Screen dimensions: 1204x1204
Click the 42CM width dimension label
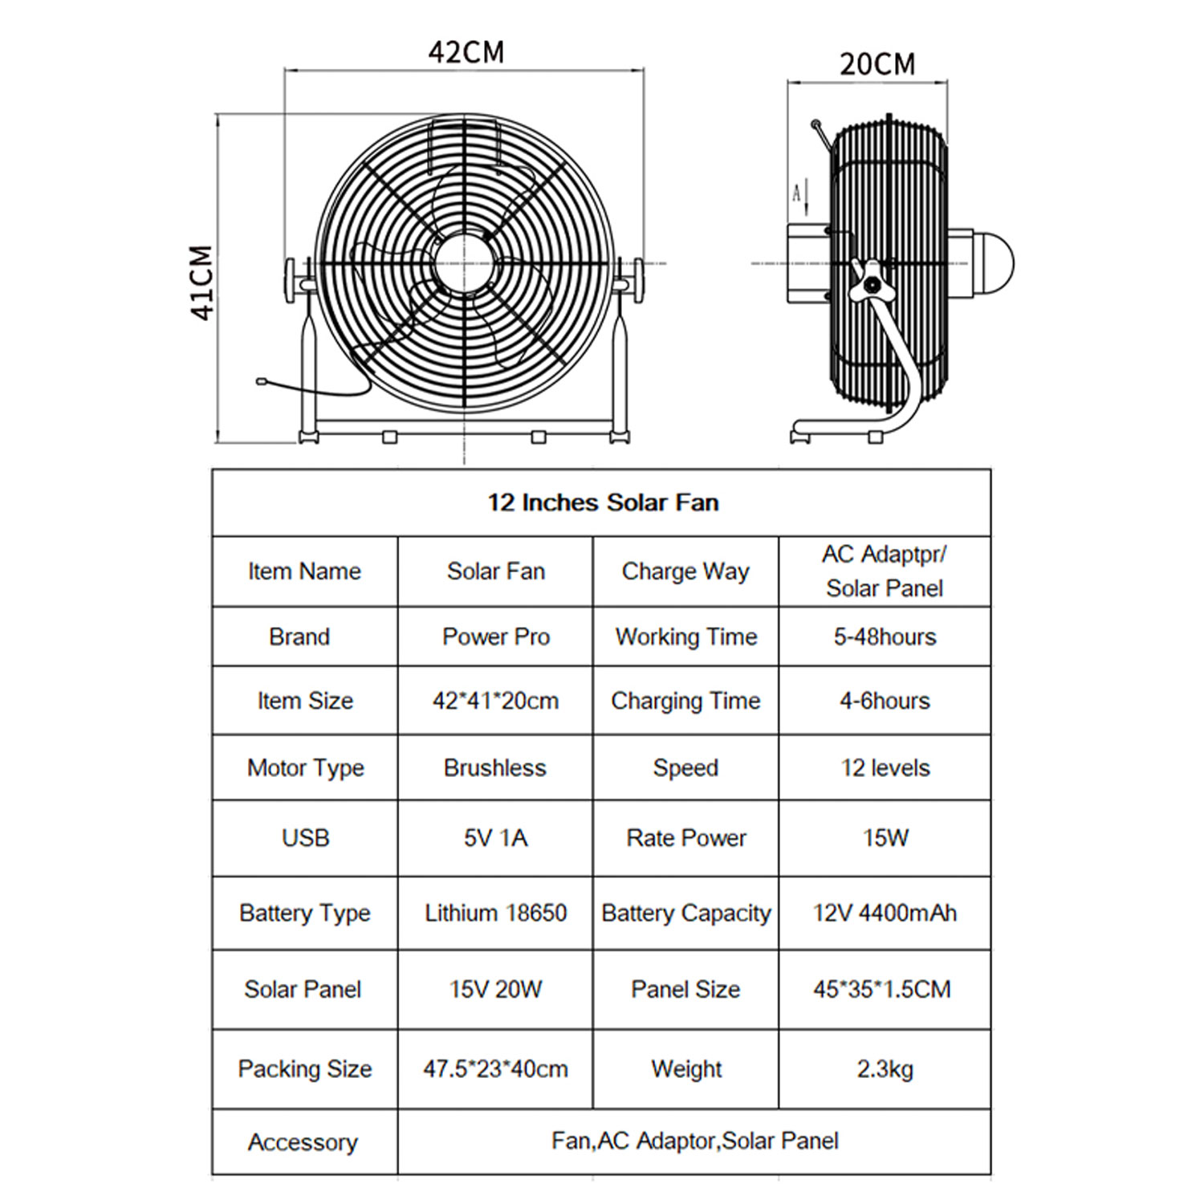pos(466,52)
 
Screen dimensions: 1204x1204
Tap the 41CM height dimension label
pos(201,283)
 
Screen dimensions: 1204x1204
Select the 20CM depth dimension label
pos(877,64)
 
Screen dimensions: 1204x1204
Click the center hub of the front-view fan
pos(463,262)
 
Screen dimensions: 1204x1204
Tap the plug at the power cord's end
pos(261,381)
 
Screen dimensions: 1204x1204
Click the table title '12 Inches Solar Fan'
pos(603,502)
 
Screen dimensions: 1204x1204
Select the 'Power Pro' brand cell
pos(495,637)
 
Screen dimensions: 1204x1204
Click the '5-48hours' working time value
pos(885,637)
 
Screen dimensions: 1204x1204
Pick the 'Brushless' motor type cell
pos(494,767)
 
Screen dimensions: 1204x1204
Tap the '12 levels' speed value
pos(885,767)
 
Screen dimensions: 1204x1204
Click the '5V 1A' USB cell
pos(494,838)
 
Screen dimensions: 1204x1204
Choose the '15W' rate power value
pos(885,838)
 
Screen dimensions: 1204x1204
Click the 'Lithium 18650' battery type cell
pos(494,913)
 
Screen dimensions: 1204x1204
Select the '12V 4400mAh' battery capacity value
pos(885,913)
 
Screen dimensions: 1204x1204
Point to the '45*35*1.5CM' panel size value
pos(881,989)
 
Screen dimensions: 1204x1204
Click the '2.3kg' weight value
pos(885,1068)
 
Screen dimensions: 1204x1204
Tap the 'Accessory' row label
pos(303,1141)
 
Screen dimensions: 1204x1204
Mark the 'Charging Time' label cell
pos(685,701)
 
